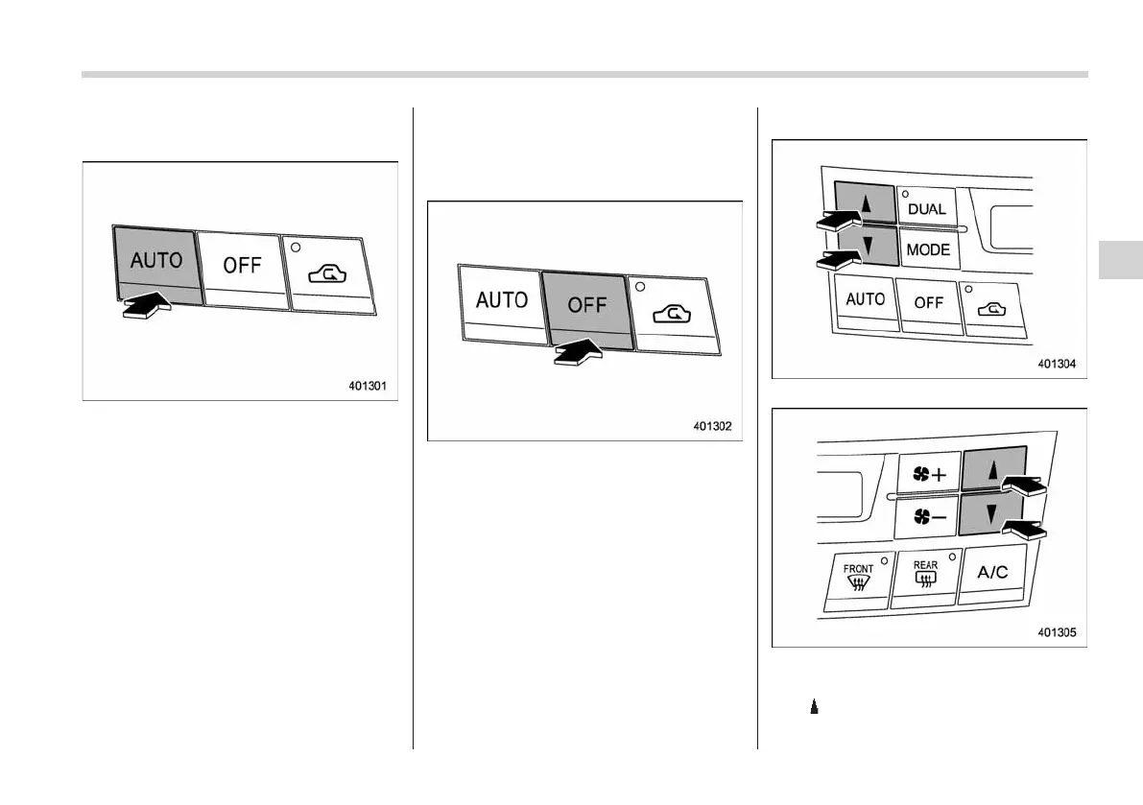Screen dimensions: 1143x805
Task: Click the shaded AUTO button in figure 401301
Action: tap(155, 261)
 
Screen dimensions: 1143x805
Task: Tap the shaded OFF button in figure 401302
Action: tap(586, 306)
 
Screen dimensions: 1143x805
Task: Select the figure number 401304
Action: tap(1057, 365)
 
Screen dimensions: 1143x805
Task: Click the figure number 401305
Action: tap(1057, 633)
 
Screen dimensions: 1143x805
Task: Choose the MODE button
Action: tap(928, 250)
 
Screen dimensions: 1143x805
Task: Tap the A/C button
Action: tap(992, 573)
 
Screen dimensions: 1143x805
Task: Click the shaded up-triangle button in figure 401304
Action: tap(866, 203)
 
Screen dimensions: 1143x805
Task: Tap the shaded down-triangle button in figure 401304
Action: tap(866, 248)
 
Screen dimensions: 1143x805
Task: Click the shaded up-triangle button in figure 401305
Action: tap(993, 470)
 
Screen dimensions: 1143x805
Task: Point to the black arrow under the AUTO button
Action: tap(146, 307)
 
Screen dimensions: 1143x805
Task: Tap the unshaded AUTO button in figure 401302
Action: tap(500, 300)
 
